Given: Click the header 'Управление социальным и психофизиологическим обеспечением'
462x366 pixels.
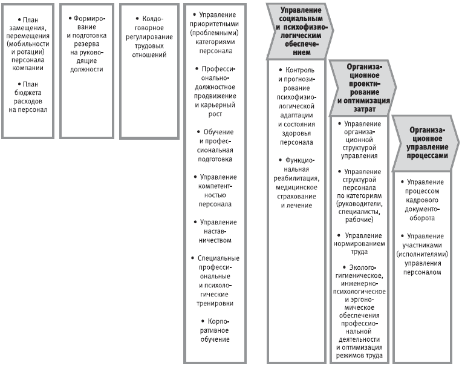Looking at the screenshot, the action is [x=301, y=31].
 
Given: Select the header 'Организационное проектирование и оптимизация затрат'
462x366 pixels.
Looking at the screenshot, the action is [x=364, y=88].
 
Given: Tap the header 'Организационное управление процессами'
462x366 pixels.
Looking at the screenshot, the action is [x=427, y=143].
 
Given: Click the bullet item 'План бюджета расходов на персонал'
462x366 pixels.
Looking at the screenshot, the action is [x=28, y=97].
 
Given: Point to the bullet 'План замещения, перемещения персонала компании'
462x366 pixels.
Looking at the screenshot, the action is [x=28, y=44].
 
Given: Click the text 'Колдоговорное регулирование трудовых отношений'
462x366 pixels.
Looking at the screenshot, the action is [x=149, y=37].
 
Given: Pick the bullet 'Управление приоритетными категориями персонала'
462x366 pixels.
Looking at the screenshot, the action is [x=214, y=33].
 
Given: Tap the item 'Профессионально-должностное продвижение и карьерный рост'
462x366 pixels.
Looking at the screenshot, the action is [x=215, y=91].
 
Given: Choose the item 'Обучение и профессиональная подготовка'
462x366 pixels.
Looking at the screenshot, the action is [x=215, y=146].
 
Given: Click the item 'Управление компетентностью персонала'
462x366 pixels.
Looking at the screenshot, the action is [x=215, y=191].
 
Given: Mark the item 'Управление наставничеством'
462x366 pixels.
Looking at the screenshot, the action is [x=215, y=231].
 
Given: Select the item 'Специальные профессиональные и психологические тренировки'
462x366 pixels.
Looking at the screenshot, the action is [x=215, y=281].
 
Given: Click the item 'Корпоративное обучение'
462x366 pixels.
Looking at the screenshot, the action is [x=215, y=330].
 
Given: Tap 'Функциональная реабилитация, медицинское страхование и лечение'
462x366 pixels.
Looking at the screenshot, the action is [x=296, y=183].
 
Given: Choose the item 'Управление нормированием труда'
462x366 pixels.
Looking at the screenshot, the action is [x=359, y=243].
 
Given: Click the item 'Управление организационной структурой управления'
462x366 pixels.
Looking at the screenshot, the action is [x=359, y=140].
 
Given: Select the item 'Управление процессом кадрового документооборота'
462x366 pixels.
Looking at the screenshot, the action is [x=422, y=200].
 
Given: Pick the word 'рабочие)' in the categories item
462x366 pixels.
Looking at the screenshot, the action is [x=359, y=220].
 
